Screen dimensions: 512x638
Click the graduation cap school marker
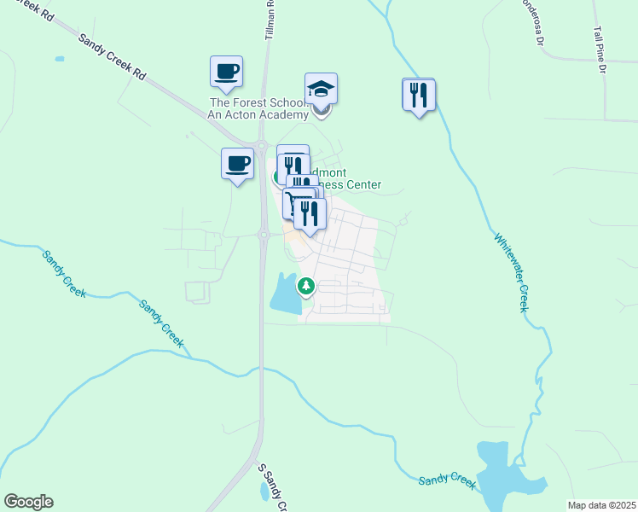click(x=322, y=90)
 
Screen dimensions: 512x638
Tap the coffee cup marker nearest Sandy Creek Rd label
click(x=226, y=73)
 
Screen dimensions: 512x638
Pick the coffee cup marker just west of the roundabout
click(x=237, y=164)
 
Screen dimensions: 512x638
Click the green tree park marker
click(x=305, y=286)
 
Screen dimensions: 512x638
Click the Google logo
click(x=28, y=502)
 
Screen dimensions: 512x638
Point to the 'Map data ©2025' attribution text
click(x=602, y=505)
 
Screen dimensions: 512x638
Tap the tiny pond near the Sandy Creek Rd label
click(x=59, y=59)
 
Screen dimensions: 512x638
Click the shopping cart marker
click(x=294, y=205)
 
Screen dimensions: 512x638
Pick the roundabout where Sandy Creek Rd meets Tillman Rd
click(x=262, y=146)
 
